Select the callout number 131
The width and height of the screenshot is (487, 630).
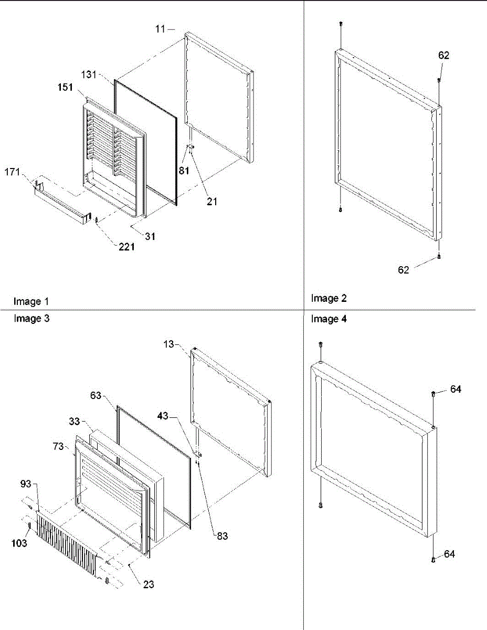[89, 75]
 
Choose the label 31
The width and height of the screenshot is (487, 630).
[151, 236]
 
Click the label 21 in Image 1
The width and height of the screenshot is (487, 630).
[211, 201]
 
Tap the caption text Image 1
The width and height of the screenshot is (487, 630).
[31, 301]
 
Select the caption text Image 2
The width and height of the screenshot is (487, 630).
[329, 298]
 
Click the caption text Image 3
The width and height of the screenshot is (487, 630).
[31, 318]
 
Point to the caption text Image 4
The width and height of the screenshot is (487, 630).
[329, 319]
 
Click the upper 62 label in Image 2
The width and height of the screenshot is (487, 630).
[443, 56]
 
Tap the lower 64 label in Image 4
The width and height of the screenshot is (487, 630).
[449, 554]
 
